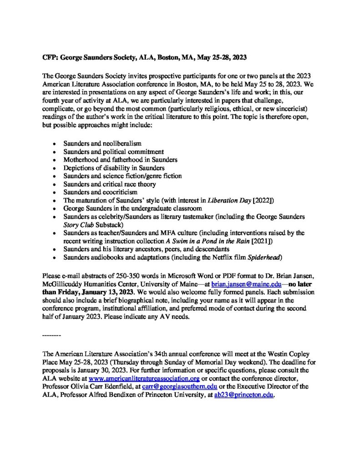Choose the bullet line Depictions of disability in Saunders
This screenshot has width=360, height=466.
(x=113, y=167)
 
